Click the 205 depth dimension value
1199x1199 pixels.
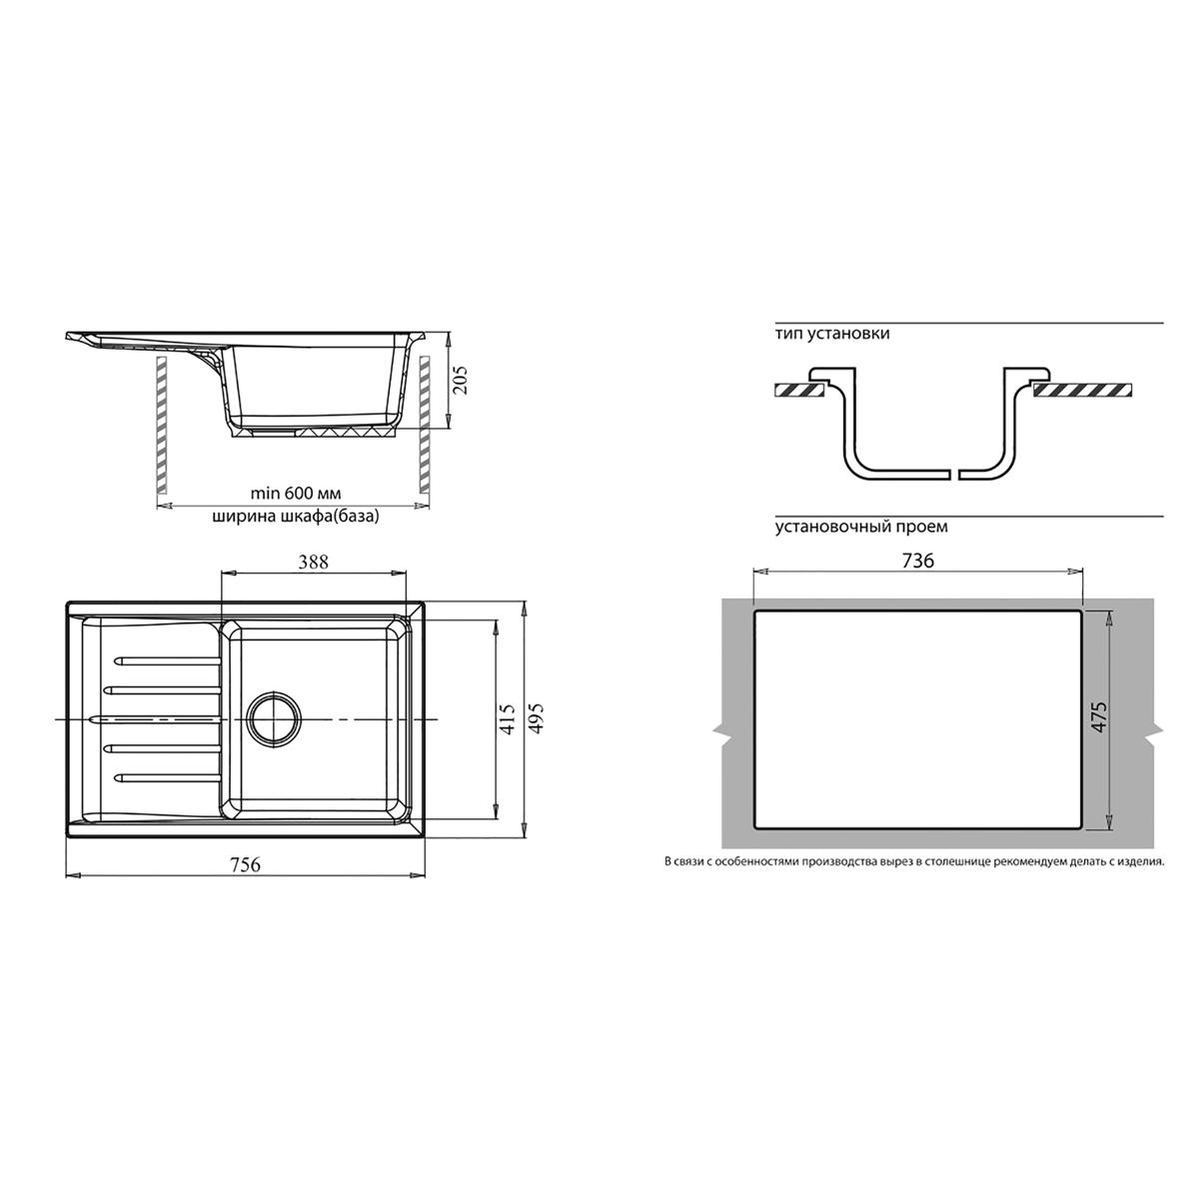tap(462, 379)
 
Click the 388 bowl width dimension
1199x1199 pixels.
tap(313, 562)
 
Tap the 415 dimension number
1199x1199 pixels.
tap(509, 719)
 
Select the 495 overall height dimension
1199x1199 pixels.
tap(536, 719)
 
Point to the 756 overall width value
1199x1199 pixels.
tap(245, 865)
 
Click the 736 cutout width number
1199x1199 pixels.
tap(918, 561)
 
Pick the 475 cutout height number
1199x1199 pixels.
tap(1099, 716)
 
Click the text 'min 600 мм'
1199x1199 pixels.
tap(296, 494)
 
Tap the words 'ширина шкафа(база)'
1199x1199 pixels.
tap(296, 517)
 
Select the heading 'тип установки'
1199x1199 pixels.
tap(832, 334)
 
